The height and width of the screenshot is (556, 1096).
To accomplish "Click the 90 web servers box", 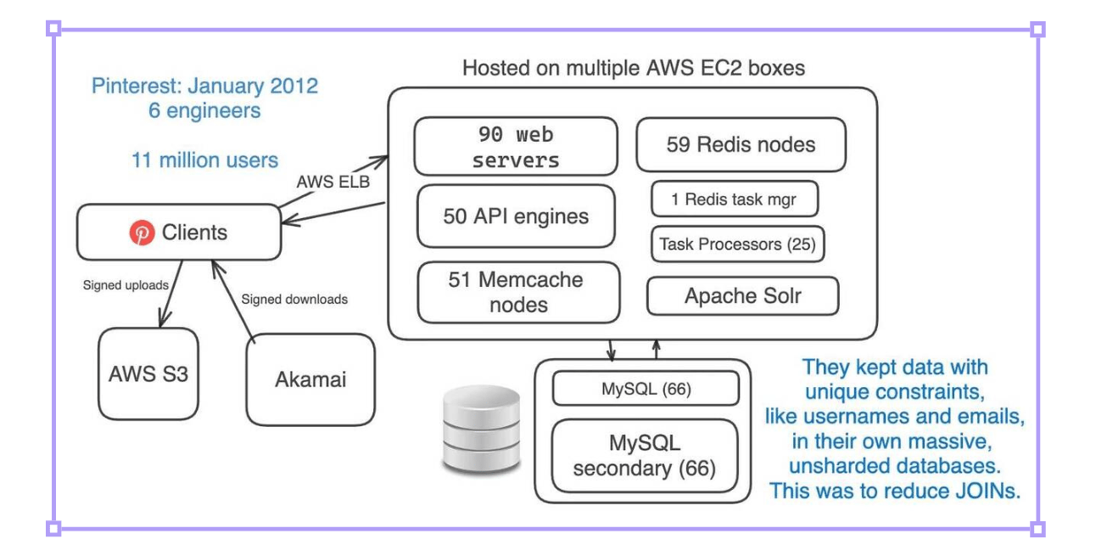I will (515, 146).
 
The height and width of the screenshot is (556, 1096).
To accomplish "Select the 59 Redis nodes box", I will (741, 144).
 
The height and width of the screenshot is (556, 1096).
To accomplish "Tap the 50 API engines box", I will (516, 216).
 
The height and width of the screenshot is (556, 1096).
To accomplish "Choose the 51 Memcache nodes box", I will (518, 292).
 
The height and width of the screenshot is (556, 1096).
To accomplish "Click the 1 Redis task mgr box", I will (735, 199).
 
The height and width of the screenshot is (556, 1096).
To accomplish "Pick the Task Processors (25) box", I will (737, 244).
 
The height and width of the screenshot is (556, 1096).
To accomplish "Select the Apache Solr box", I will (742, 296).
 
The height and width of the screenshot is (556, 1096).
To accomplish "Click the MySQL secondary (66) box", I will (645, 455).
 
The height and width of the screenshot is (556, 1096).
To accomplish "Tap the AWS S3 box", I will (148, 373).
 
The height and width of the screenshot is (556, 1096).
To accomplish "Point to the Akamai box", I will (310, 379).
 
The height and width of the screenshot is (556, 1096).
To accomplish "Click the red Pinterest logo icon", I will (142, 232).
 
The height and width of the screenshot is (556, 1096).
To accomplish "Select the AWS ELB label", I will (333, 182).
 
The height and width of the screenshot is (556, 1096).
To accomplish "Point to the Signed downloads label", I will (294, 299).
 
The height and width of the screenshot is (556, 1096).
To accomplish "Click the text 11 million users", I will (204, 160).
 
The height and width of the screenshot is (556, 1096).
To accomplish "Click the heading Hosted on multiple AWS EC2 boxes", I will (633, 68).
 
